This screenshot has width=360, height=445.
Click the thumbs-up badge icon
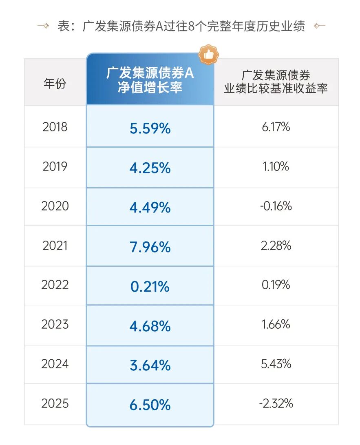tap(208, 55)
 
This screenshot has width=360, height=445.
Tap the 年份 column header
tap(55, 84)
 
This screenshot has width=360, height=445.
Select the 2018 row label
tap(55, 127)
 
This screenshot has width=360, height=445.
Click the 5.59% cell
tap(150, 128)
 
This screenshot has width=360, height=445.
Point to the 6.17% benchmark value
tap(276, 127)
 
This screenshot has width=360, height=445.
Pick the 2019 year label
tap(55, 166)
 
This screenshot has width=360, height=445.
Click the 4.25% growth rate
tap(150, 168)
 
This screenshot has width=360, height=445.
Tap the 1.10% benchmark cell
tap(276, 166)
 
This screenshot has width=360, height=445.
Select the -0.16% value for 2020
tap(276, 206)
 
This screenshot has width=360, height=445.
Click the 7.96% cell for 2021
tap(150, 247)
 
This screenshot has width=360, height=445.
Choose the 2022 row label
tap(55, 285)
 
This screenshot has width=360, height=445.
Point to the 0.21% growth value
tap(150, 286)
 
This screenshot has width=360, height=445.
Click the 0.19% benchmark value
tap(276, 285)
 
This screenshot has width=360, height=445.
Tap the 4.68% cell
tap(150, 326)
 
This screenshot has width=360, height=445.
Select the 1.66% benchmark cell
tap(276, 324)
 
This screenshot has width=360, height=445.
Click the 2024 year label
tap(55, 364)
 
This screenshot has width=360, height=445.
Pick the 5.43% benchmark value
tap(276, 364)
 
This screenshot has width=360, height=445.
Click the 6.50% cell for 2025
tap(150, 405)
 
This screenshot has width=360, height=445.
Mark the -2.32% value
tap(276, 403)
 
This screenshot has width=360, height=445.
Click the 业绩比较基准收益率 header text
tap(276, 89)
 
